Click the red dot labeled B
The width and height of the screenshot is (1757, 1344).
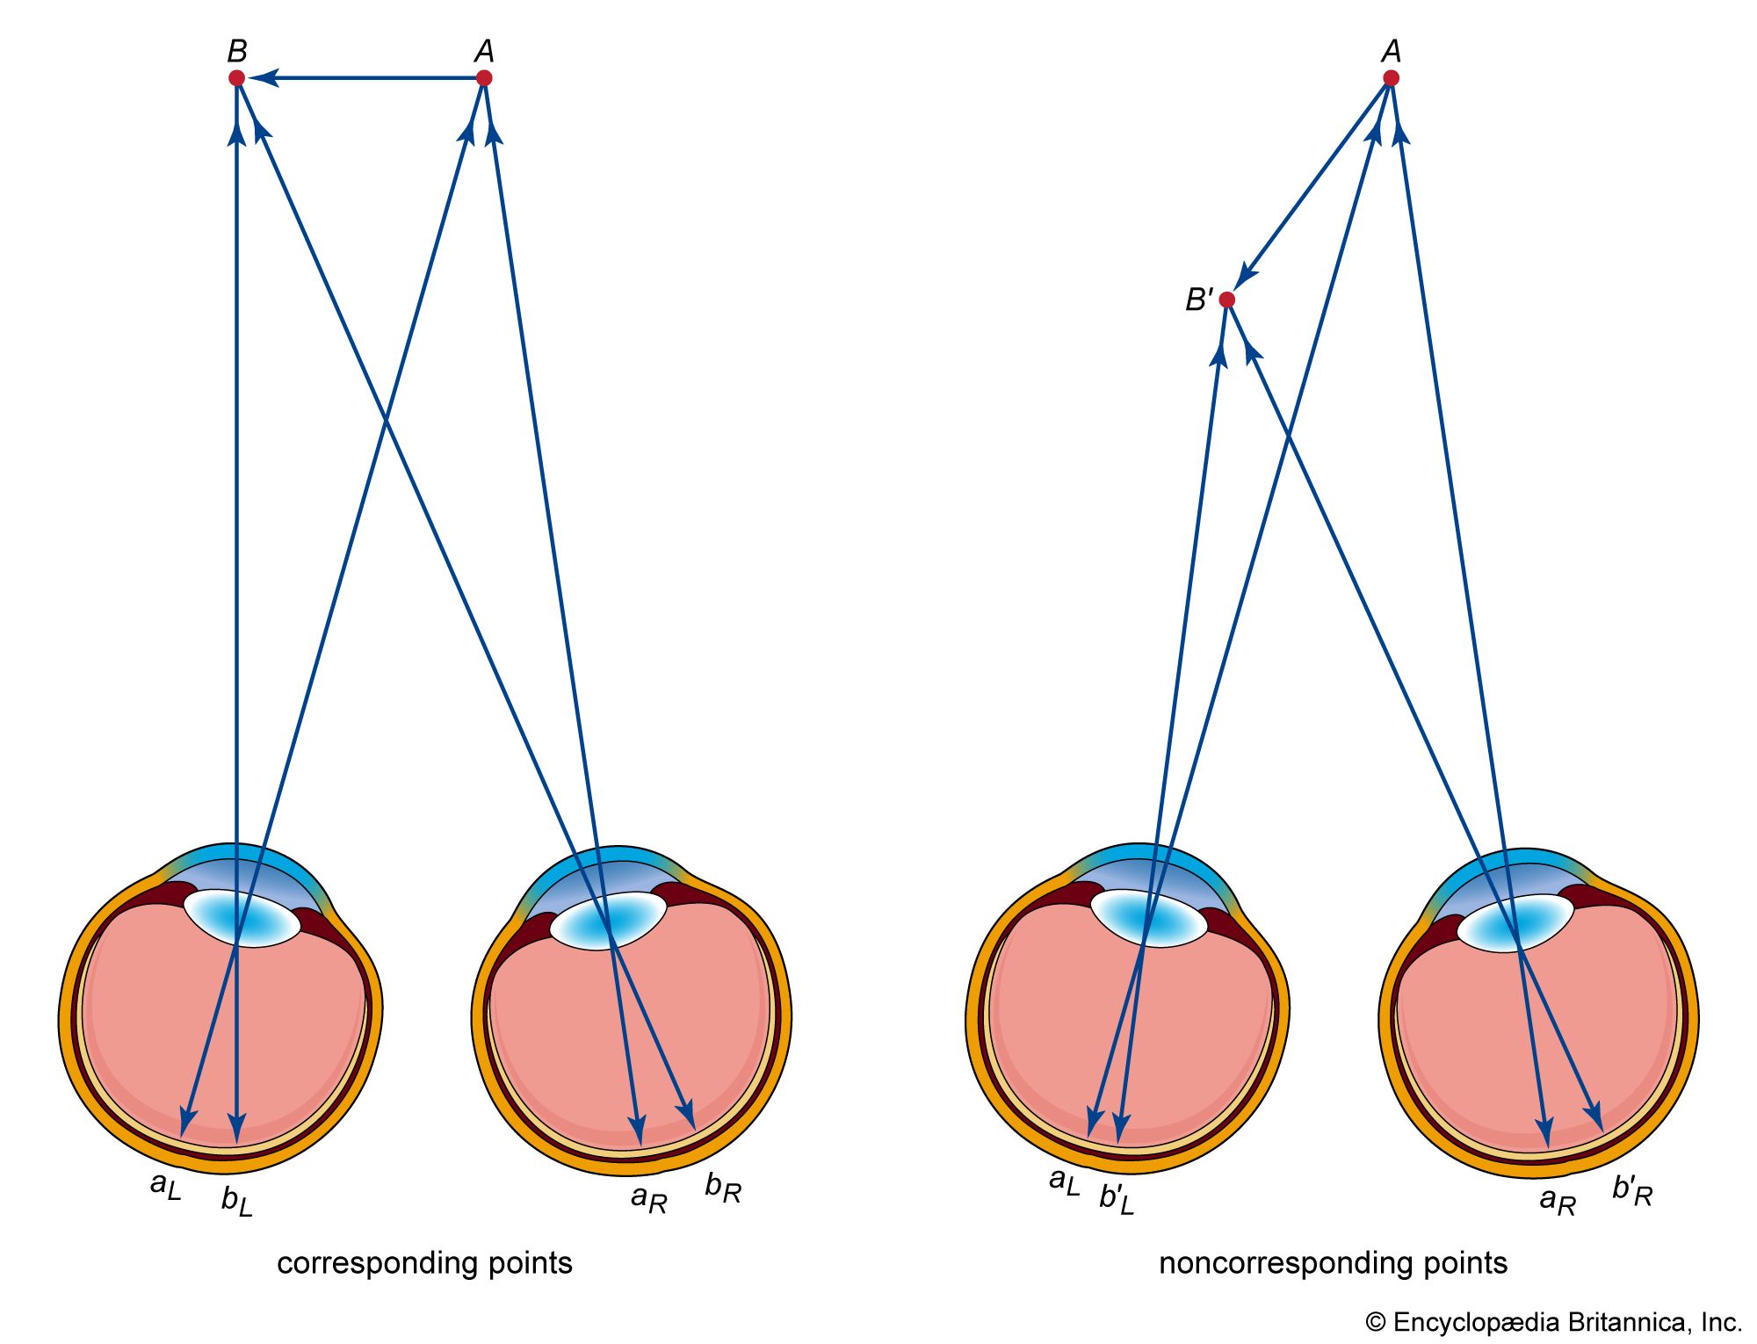(236, 78)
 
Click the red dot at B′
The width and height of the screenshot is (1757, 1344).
(1227, 300)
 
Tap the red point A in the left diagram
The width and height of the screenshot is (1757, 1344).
(483, 78)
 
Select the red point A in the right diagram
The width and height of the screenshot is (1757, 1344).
(1391, 78)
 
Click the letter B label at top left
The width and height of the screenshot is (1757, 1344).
(236, 51)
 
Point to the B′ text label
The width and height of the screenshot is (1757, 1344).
(1198, 300)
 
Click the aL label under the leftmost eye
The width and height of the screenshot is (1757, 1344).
(165, 1185)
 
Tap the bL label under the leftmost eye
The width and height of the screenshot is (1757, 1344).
(236, 1201)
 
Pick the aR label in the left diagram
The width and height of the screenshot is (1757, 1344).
(649, 1198)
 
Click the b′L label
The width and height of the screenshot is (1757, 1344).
(1116, 1198)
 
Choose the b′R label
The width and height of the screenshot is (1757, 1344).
(1632, 1190)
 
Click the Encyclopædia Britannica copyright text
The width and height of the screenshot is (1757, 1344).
(1553, 1322)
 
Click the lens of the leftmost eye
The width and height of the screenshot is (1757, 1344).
(242, 919)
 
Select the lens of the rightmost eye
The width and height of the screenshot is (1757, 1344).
(1515, 922)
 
